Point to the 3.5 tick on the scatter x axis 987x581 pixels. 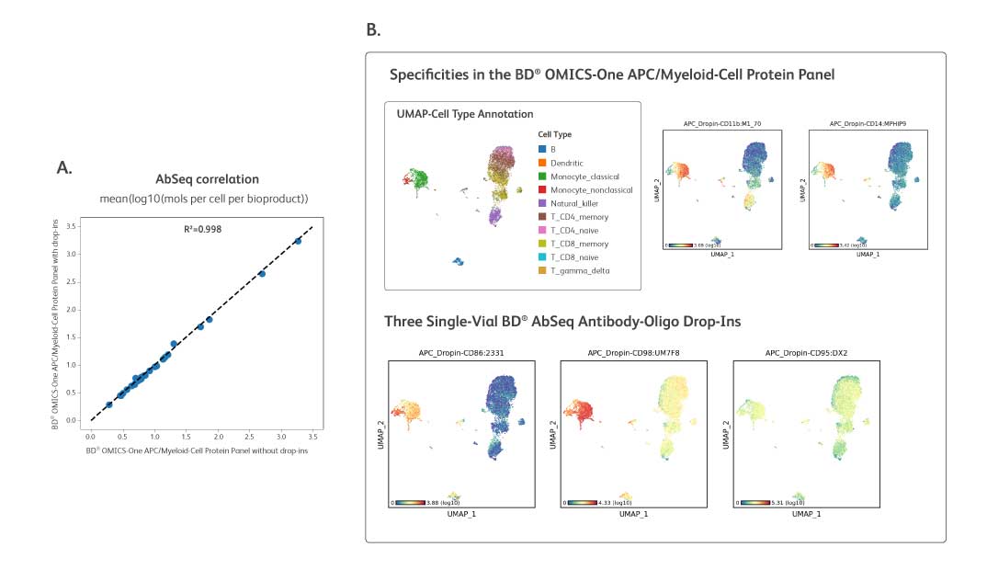312,436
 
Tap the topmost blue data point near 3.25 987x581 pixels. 297,241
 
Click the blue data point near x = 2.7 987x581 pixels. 262,274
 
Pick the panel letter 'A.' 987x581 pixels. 64,166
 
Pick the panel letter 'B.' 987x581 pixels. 373,30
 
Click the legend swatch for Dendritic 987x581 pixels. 542,163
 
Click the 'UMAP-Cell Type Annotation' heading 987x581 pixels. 464,114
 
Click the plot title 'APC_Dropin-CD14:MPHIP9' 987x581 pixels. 868,122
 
